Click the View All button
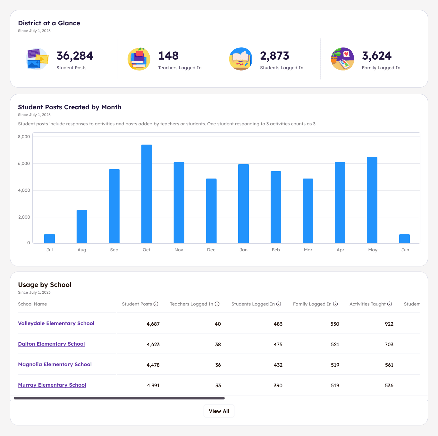coord(219,411)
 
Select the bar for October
coord(147,194)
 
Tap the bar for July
coord(50,239)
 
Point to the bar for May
coord(372,200)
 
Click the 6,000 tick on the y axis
coord(24,163)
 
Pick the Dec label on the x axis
coord(211,250)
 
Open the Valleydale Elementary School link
coord(56,323)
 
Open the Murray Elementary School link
coord(52,385)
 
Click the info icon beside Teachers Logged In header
coord(217,304)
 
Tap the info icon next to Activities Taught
coord(390,304)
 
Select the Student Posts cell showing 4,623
coord(153,344)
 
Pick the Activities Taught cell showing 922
coord(389,324)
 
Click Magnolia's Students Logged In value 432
coord(278,365)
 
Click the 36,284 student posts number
coord(75,56)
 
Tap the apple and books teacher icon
coord(139,59)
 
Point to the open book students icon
coord(241,59)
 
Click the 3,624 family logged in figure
coord(376,56)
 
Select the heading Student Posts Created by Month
coord(70,107)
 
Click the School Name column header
coord(32,304)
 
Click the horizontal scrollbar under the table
coord(119,398)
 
